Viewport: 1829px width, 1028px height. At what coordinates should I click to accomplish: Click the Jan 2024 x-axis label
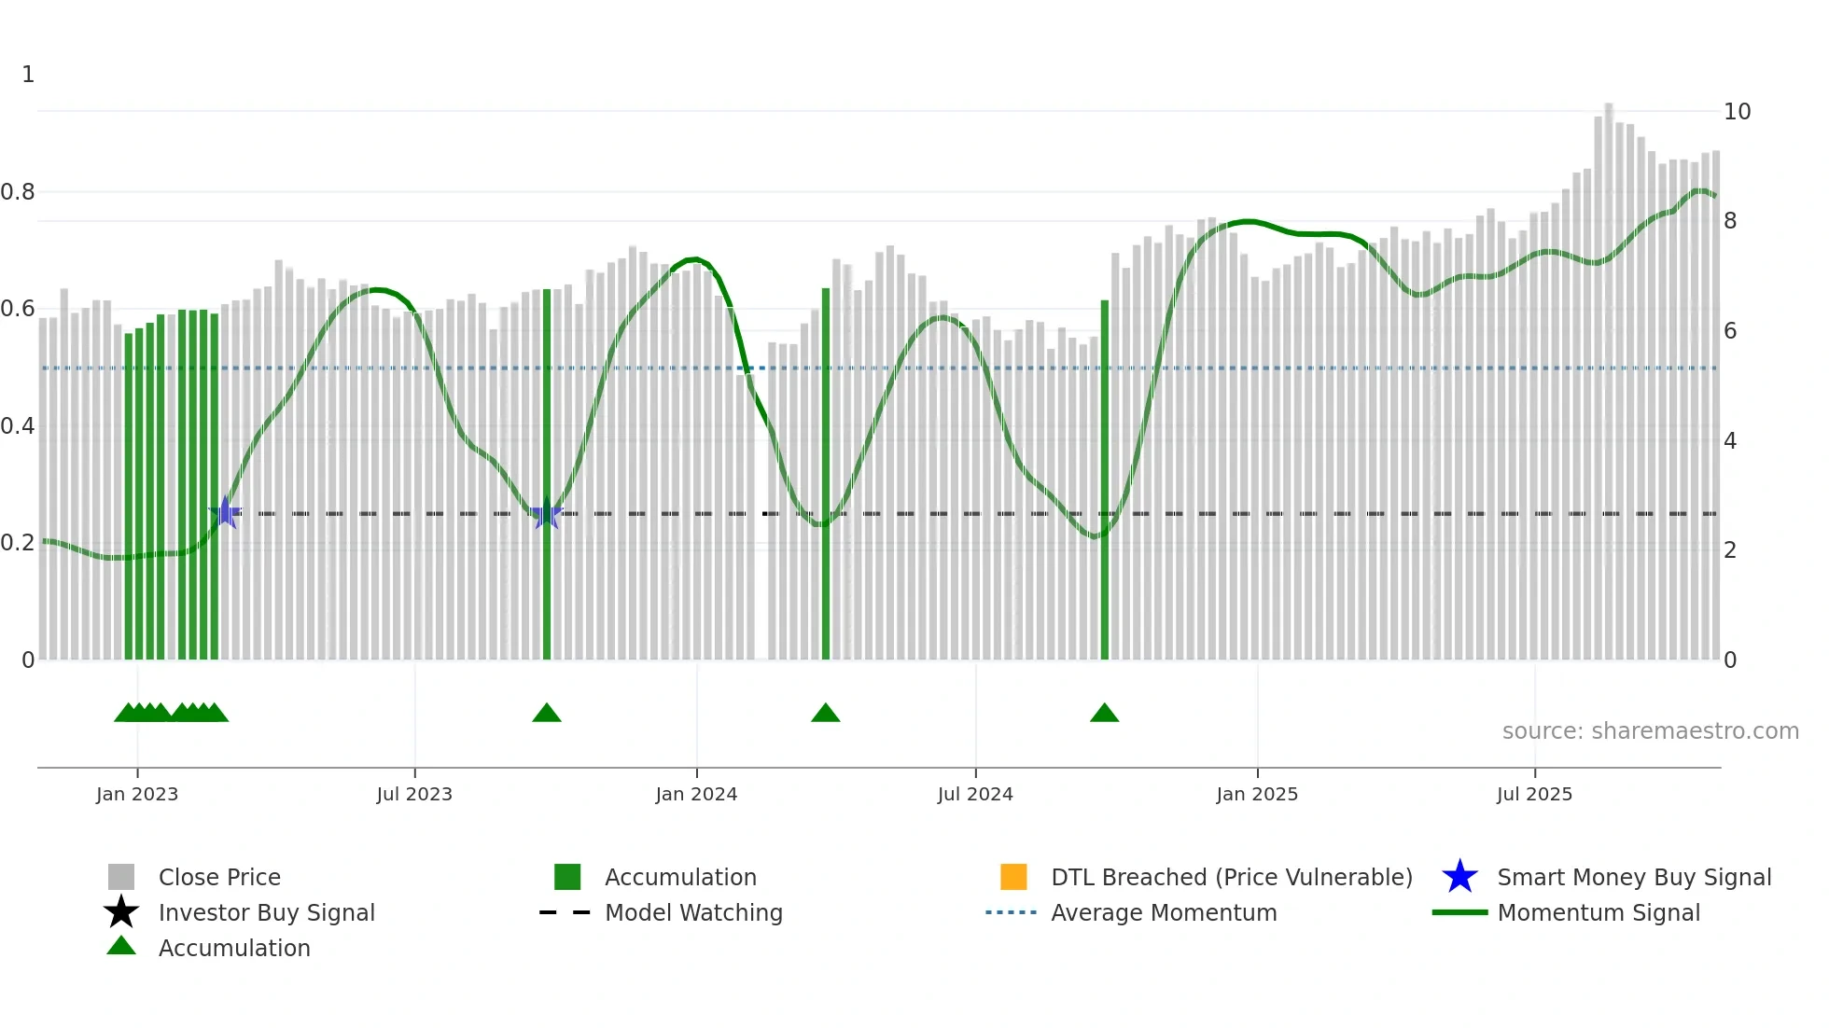click(696, 794)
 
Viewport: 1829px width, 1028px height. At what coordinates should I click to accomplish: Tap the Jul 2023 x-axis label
click(414, 794)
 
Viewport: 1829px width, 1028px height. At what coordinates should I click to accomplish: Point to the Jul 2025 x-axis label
click(1534, 794)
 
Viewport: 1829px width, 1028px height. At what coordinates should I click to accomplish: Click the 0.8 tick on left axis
click(18, 192)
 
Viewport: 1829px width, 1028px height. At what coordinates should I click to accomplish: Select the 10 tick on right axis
click(1737, 112)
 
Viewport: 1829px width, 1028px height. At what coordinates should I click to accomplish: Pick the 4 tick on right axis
click(1730, 441)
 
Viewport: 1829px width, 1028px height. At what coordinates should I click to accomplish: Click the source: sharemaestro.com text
click(1650, 731)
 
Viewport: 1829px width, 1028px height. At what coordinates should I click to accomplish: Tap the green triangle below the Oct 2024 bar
click(1104, 714)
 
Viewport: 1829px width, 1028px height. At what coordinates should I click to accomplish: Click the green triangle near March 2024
click(825, 714)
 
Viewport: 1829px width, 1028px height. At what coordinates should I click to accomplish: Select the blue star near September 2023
click(547, 514)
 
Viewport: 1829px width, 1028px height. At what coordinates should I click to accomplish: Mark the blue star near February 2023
click(225, 513)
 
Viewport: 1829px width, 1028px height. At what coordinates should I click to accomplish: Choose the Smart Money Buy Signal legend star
click(1459, 877)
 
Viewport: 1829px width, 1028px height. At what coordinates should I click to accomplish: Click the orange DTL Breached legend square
click(1013, 877)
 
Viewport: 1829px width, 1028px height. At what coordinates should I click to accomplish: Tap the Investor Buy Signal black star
click(121, 912)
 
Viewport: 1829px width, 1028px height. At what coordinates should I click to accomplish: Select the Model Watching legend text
click(693, 912)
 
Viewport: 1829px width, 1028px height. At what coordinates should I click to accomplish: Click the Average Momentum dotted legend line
click(1011, 912)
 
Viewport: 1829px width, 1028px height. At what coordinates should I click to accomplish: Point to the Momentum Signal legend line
click(1459, 912)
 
